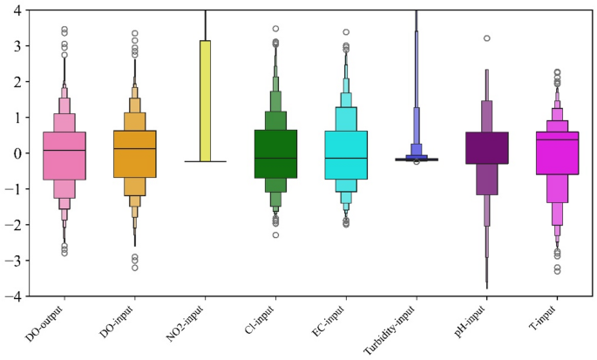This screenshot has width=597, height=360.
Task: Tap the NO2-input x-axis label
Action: point(187,323)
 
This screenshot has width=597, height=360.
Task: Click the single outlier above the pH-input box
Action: point(487,38)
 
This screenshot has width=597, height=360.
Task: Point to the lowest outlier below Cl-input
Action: point(275,234)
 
